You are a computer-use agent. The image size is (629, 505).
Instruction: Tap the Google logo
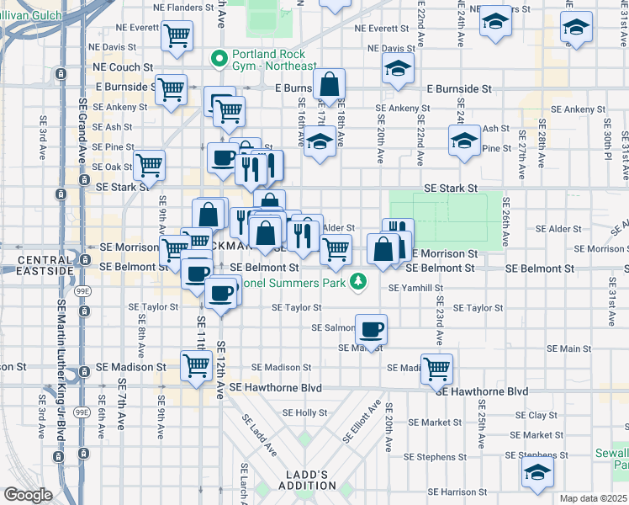click(x=28, y=495)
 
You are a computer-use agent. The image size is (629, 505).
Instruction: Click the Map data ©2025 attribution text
click(x=592, y=498)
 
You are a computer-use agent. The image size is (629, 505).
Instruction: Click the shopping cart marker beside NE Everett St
click(x=177, y=36)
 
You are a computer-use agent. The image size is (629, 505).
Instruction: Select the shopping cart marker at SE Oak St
click(x=149, y=165)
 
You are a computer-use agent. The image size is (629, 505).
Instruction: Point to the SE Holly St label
click(x=304, y=413)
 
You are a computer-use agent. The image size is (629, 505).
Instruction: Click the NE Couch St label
click(x=123, y=66)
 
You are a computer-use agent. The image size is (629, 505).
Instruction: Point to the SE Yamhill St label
click(x=415, y=288)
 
